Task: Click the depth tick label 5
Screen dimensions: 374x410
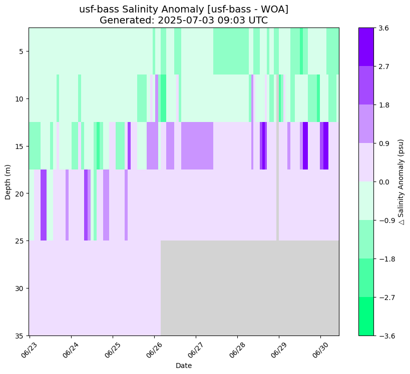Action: click(x=20, y=51)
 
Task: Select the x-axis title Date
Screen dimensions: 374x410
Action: click(x=184, y=365)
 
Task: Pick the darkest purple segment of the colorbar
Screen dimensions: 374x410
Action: click(x=366, y=47)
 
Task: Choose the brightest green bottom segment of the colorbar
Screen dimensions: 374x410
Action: click(x=366, y=316)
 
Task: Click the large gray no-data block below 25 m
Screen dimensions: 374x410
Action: click(x=249, y=288)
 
